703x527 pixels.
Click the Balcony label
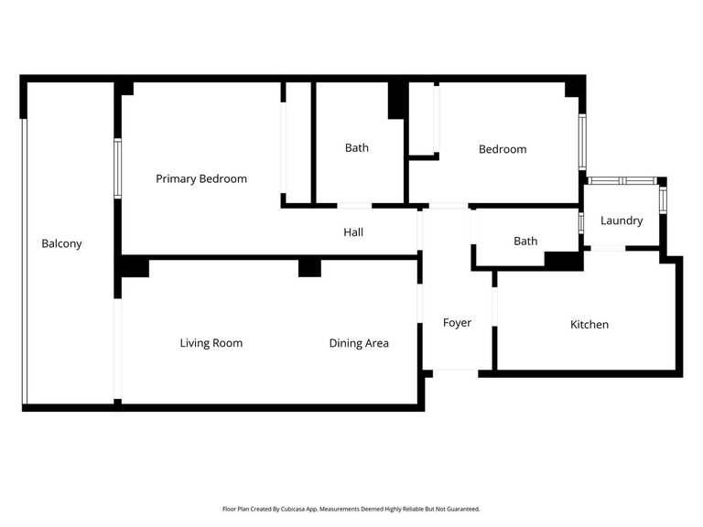click(61, 243)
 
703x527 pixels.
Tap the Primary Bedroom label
click(201, 178)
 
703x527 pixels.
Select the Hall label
click(353, 232)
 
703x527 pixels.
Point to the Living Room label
click(211, 343)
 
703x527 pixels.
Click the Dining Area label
click(359, 343)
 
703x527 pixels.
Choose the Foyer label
click(457, 323)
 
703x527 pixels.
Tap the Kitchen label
click(589, 325)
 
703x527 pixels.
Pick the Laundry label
click(622, 220)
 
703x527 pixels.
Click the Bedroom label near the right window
click(503, 149)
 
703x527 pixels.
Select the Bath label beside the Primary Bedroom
click(357, 148)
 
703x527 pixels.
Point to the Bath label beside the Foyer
click(525, 242)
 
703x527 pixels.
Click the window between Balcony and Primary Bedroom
click(117, 168)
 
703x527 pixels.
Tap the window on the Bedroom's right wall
click(582, 142)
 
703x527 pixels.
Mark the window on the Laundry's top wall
click(622, 180)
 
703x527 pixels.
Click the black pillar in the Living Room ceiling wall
click(309, 268)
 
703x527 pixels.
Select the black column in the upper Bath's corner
click(396, 101)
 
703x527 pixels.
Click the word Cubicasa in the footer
click(292, 509)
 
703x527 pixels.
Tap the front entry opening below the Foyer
click(456, 373)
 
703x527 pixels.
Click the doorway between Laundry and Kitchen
click(609, 248)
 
